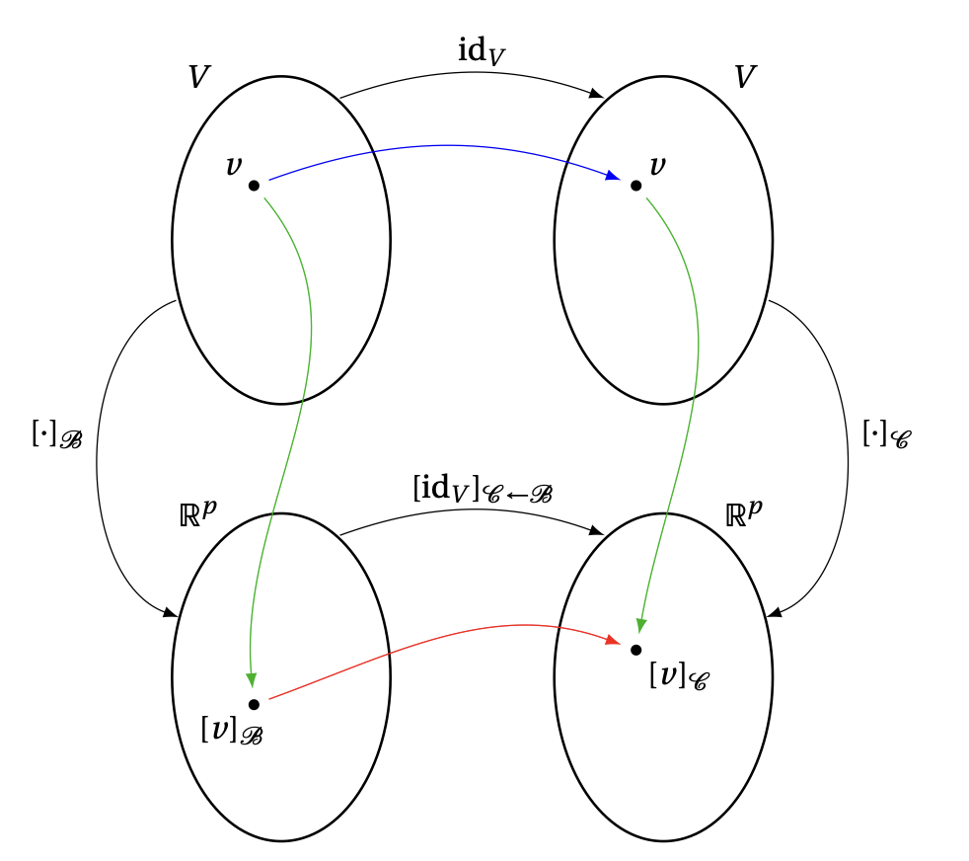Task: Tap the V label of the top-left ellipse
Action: (x=199, y=78)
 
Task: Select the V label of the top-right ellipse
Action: (x=746, y=78)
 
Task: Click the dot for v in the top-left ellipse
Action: (x=254, y=185)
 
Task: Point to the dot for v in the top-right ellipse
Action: (x=635, y=185)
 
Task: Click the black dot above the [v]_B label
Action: (x=254, y=704)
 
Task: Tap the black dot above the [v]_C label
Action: (x=635, y=649)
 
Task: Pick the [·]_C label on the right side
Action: (x=886, y=435)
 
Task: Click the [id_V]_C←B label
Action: (x=482, y=489)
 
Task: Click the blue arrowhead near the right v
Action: (x=613, y=176)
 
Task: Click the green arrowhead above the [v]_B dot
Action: (x=251, y=679)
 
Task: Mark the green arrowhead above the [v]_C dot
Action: (x=640, y=625)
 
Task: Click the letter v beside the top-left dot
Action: (x=233, y=165)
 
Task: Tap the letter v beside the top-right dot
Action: (x=657, y=165)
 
